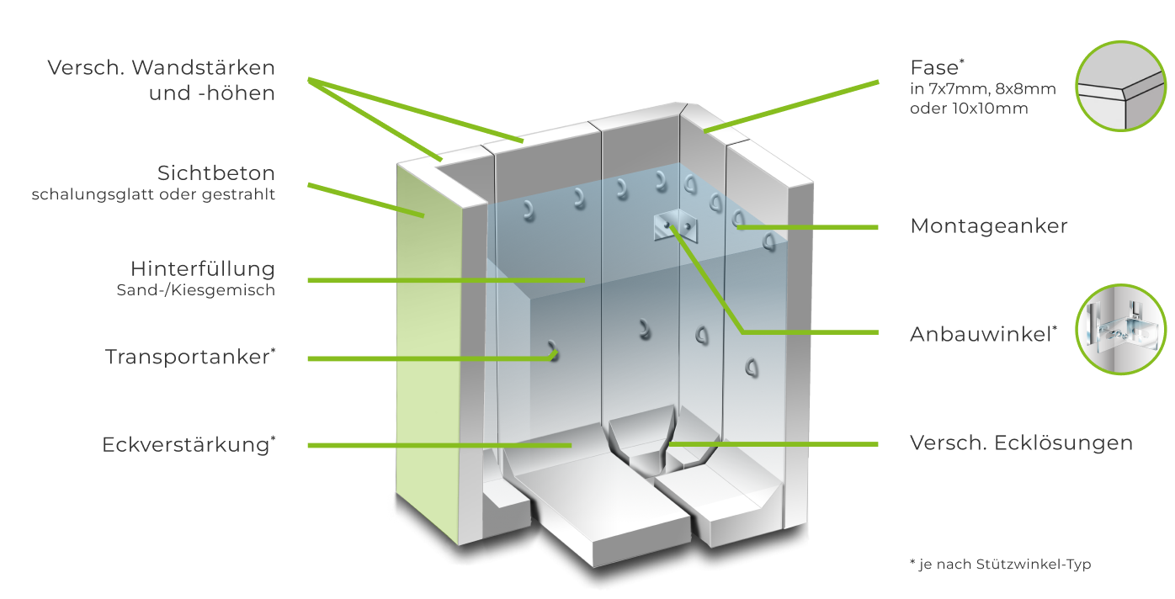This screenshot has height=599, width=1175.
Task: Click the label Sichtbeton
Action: tap(216, 173)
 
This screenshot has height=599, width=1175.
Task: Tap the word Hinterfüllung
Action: tap(203, 269)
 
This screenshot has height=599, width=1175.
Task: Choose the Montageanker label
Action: tap(989, 226)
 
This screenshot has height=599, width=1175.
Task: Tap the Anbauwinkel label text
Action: tap(984, 334)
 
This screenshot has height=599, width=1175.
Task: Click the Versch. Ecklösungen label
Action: tap(1021, 443)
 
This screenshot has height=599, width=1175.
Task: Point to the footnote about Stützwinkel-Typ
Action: tap(1000, 565)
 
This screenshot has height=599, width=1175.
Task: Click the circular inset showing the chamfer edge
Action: tap(1120, 86)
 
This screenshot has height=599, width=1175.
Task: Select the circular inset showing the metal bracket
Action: tap(1120, 330)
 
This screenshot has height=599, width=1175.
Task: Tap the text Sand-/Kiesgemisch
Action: tap(195, 290)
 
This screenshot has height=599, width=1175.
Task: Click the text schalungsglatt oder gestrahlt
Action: tap(153, 194)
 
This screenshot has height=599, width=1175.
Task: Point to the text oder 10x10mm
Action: tap(969, 109)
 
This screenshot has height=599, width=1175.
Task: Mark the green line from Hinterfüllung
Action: tap(446, 281)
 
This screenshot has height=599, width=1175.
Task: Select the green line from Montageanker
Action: tap(808, 227)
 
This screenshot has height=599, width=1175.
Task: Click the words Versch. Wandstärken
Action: tap(161, 67)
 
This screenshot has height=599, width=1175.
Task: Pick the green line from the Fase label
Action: tap(791, 107)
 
